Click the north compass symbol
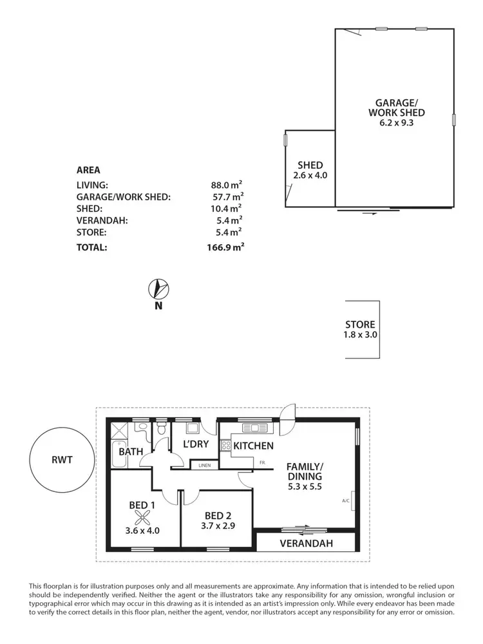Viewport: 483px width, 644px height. [158, 289]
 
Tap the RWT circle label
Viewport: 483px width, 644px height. [62, 460]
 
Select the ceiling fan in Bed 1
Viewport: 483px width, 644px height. [142, 515]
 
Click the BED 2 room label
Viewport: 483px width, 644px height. [218, 516]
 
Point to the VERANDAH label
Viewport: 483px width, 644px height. [306, 544]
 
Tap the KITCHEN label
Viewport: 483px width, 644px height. [253, 446]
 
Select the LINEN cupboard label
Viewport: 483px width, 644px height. [205, 464]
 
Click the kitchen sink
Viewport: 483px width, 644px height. [251, 428]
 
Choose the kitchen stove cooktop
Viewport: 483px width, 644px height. [226, 445]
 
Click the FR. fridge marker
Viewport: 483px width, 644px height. [263, 462]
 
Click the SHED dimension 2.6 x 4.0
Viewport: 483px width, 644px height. [310, 175]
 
